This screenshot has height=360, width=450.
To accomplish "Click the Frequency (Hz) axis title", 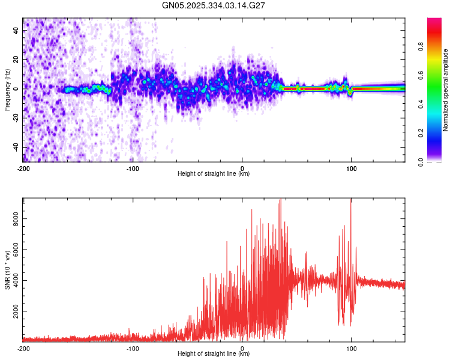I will click(7, 89).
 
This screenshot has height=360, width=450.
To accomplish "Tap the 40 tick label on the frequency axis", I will click(16, 30).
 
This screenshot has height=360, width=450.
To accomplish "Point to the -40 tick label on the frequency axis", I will click(15, 147).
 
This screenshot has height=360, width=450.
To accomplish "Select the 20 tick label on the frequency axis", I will click(16, 59).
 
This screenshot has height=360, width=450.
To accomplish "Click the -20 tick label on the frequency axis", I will click(15, 118).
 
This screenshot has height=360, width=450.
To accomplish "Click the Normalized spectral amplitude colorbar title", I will click(446, 90).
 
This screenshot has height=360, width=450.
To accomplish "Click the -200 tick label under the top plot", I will click(24, 169).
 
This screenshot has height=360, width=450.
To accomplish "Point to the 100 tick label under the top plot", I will click(352, 169).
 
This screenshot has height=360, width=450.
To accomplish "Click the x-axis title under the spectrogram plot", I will click(214, 174).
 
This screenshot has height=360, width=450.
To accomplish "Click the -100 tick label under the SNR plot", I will click(133, 348).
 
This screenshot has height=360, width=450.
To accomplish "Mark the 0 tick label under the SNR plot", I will click(242, 348).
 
